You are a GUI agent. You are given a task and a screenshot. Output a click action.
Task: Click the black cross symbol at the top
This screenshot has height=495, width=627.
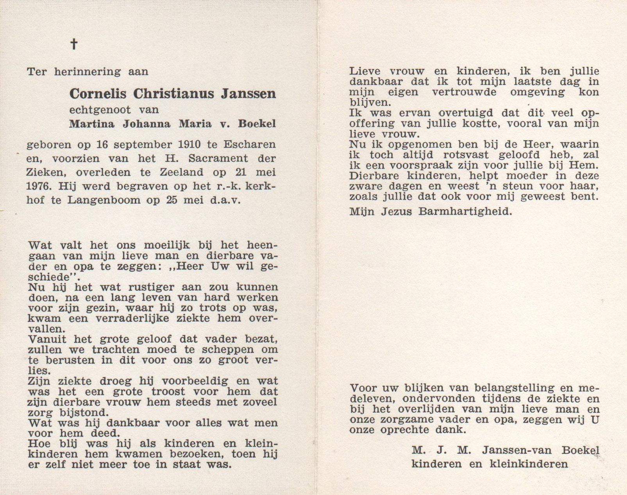point(73,44)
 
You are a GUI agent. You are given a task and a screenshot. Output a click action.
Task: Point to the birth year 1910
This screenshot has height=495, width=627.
point(189,145)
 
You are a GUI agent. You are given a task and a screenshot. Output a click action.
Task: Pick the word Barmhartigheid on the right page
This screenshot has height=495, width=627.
point(464,212)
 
